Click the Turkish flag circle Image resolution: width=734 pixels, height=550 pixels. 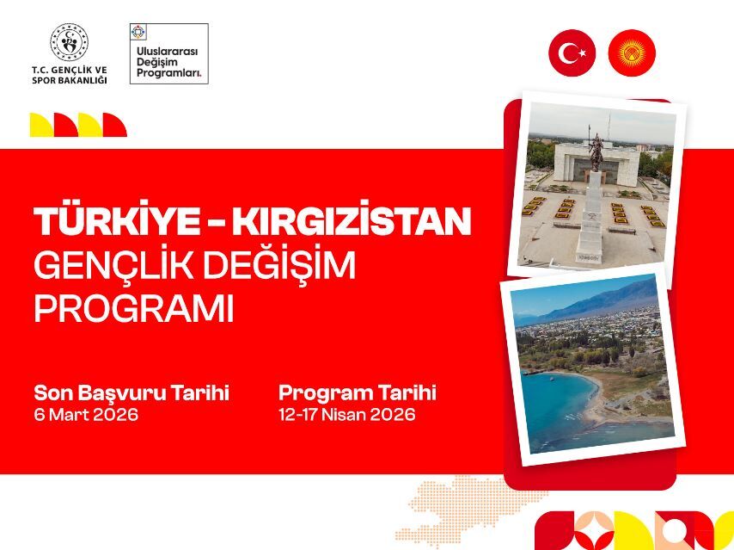(x=572, y=53)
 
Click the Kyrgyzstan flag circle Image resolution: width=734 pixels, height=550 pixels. (x=632, y=53)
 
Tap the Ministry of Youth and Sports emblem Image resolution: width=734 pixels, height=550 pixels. (x=69, y=41)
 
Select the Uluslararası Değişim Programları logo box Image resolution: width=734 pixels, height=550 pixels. (x=168, y=53)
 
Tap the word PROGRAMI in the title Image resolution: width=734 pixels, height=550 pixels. (x=133, y=309)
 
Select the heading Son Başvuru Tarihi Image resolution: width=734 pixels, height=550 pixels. (x=132, y=393)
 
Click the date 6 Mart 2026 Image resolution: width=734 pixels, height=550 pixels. (x=86, y=415)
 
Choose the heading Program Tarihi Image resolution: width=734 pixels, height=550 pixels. (x=357, y=393)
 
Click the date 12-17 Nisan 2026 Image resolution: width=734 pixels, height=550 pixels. (x=346, y=415)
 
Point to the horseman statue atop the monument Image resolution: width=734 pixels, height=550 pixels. (x=595, y=151)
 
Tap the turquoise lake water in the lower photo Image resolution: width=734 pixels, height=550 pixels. (x=550, y=405)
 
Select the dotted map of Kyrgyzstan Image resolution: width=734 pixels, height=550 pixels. (x=456, y=508)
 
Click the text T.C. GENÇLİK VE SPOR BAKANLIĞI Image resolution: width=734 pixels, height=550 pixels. (x=70, y=75)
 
